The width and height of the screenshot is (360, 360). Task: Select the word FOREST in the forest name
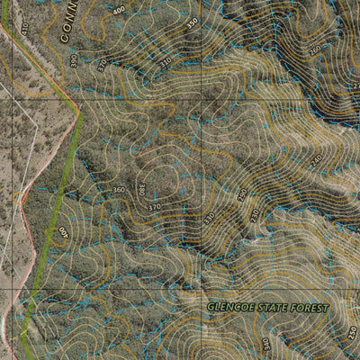pos(311,308)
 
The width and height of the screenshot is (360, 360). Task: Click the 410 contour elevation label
pos(24,29)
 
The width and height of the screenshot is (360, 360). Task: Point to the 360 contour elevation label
pos(119,190)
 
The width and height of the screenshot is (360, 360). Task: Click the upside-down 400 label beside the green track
pos(64,232)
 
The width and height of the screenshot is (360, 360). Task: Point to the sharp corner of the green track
pos(80,112)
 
